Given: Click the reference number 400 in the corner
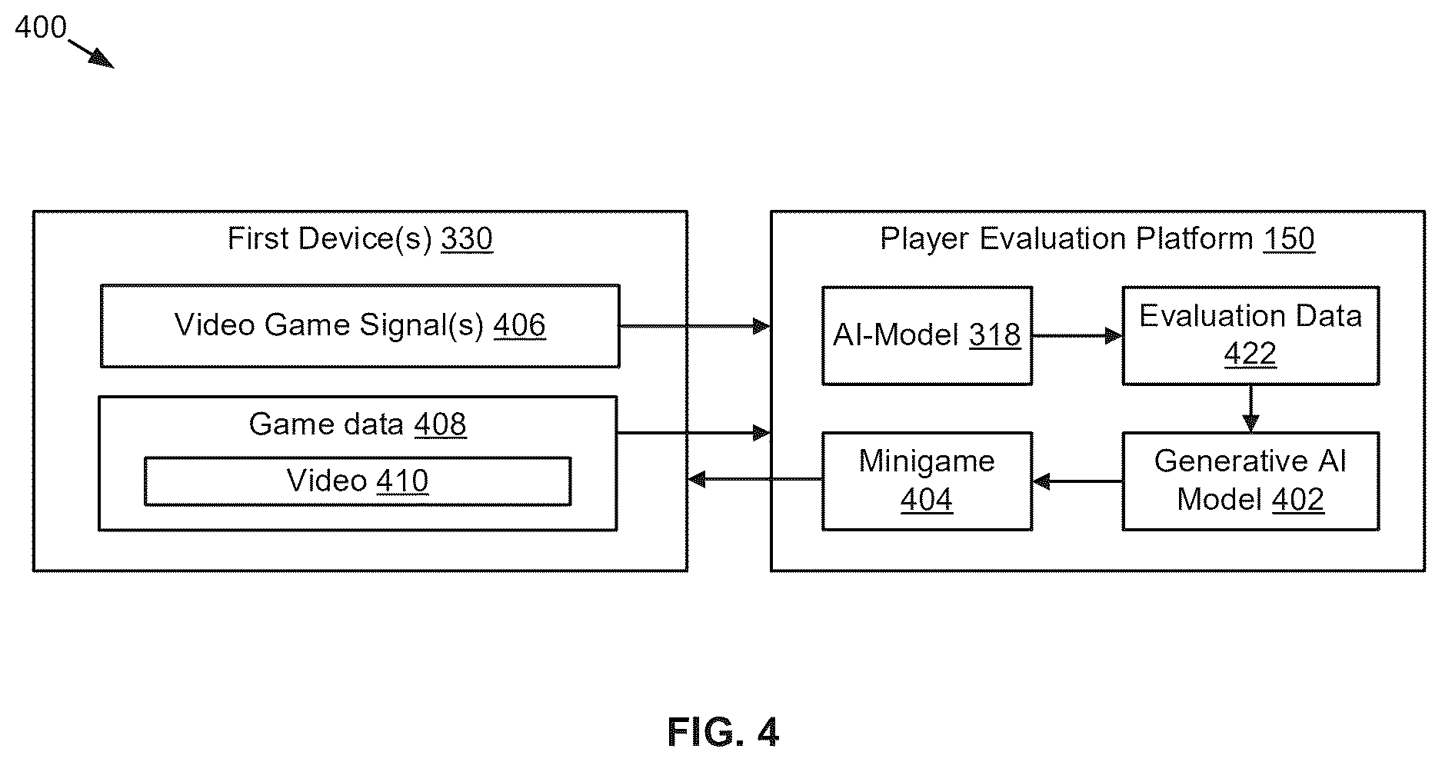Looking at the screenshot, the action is [41, 28].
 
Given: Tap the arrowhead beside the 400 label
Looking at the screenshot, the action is [103, 59].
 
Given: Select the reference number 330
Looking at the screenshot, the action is [467, 239].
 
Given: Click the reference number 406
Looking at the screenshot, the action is [520, 325].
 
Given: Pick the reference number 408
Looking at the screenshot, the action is [440, 424].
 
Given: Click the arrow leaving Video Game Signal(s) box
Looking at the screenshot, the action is [695, 327].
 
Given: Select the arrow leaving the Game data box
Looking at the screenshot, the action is [694, 434].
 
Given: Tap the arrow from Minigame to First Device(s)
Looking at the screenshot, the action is [755, 480].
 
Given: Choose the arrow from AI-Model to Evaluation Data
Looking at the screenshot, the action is [1077, 336].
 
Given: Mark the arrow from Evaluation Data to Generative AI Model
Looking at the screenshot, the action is [1251, 408].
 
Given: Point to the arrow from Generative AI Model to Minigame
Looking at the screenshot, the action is [1077, 482].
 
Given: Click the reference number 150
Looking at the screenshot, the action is [1289, 239].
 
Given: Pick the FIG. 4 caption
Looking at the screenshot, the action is [723, 732].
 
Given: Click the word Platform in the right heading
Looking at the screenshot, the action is [1195, 239].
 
